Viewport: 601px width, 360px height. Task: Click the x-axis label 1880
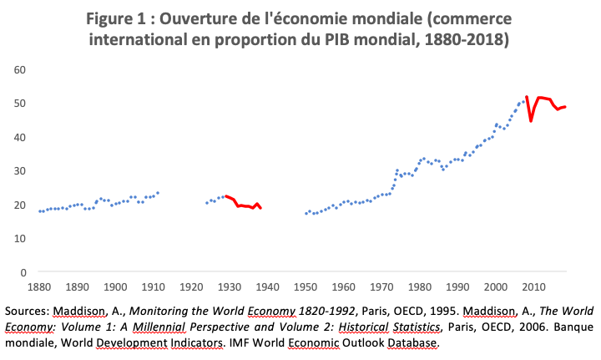click(x=38, y=286)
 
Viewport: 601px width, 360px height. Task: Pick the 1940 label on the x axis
click(x=267, y=286)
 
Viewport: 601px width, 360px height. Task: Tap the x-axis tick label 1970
click(x=381, y=286)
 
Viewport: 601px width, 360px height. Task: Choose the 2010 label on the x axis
click(x=534, y=286)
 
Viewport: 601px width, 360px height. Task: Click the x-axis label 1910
click(x=153, y=286)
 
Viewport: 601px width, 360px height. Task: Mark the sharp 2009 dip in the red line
click(x=531, y=121)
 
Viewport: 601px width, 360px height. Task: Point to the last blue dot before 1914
click(x=157, y=193)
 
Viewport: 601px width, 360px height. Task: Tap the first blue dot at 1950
click(x=306, y=214)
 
